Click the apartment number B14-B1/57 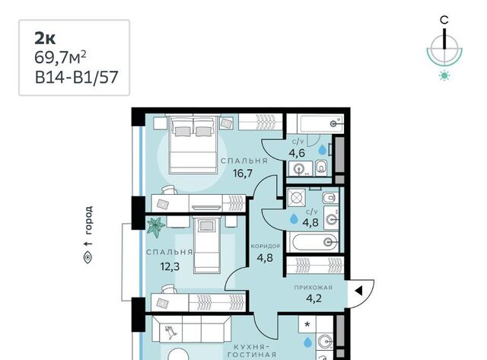point(76,77)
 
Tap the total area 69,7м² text point(60,58)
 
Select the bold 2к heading point(45,39)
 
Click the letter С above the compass point(444,21)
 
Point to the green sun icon point(444,75)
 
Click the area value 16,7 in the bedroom point(243,173)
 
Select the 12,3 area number point(170,266)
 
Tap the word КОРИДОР point(266,247)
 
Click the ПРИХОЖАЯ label point(314,288)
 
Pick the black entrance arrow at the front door point(358,291)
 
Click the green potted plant point(155,227)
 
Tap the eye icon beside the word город point(88,257)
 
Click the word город point(88,220)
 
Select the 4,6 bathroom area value point(297,153)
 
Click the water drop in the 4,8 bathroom point(294,218)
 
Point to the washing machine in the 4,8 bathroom point(296,198)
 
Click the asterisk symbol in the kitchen point(307,324)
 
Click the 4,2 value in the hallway point(314,298)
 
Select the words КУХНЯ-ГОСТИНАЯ point(252,351)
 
